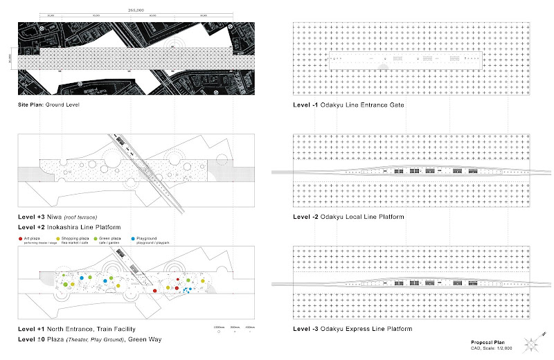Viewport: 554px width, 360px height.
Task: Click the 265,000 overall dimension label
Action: (136, 10)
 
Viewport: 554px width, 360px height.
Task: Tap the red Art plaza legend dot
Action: (20, 237)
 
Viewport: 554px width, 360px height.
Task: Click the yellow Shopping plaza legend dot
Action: (66, 237)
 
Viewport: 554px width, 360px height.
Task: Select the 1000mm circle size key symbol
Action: (219, 332)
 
